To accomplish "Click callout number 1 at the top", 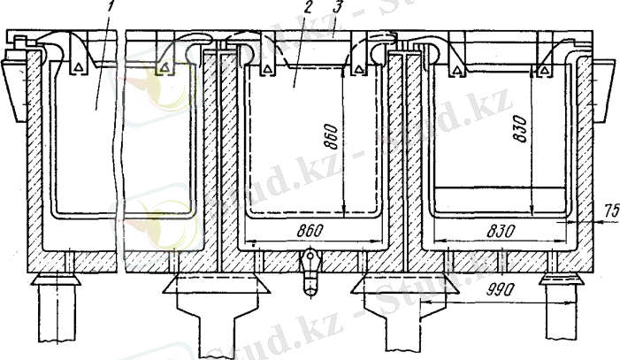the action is pyautogui.click(x=112, y=6).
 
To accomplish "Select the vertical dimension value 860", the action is pyautogui.click(x=332, y=137).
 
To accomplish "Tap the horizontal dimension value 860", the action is pyautogui.click(x=310, y=230).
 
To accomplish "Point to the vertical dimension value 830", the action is pyautogui.click(x=519, y=128).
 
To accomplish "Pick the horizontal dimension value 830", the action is pyautogui.click(x=501, y=231).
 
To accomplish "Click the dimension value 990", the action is pyautogui.click(x=501, y=290).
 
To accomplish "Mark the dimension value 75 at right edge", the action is pyautogui.click(x=611, y=211).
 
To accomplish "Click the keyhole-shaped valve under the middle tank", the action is pyautogui.click(x=310, y=272).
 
